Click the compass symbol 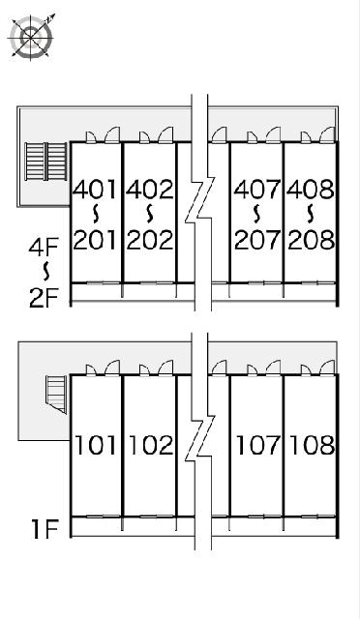(31, 37)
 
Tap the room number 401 (95, 190)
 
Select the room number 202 (150, 240)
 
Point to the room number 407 (257, 190)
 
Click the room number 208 (311, 240)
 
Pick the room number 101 (96, 445)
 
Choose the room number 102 (151, 445)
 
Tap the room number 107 (258, 445)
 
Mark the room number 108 (313, 445)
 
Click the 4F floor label (44, 248)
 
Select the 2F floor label (44, 298)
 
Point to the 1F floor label (45, 529)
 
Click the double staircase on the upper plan (45, 162)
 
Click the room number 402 (150, 190)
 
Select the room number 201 (95, 240)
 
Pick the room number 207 (257, 240)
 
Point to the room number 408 (311, 190)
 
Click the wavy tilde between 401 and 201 (95, 214)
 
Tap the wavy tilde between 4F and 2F (46, 272)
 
